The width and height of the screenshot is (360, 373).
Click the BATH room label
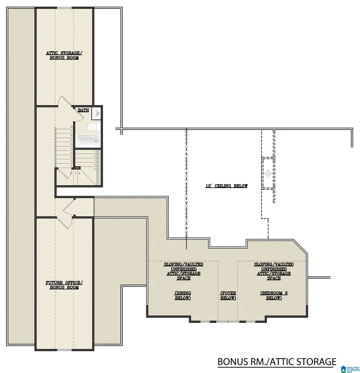pyautogui.click(x=83, y=110)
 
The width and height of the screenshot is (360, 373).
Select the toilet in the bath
pyautogui.click(x=91, y=127)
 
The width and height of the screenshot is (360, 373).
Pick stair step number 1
pyautogui.click(x=95, y=152)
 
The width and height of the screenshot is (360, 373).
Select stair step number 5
pyautogui.click(x=95, y=169)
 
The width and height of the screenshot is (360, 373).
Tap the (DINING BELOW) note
pyautogui.click(x=182, y=295)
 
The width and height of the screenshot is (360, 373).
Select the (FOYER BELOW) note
pyautogui.click(x=228, y=295)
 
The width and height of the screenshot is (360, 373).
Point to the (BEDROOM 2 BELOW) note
pyautogui.click(x=274, y=295)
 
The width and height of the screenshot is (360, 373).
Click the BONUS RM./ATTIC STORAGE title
pyautogui.click(x=276, y=362)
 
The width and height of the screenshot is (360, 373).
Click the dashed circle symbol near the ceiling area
pyautogui.click(x=268, y=173)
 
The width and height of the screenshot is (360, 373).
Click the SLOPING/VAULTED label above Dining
pyautogui.click(x=183, y=265)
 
